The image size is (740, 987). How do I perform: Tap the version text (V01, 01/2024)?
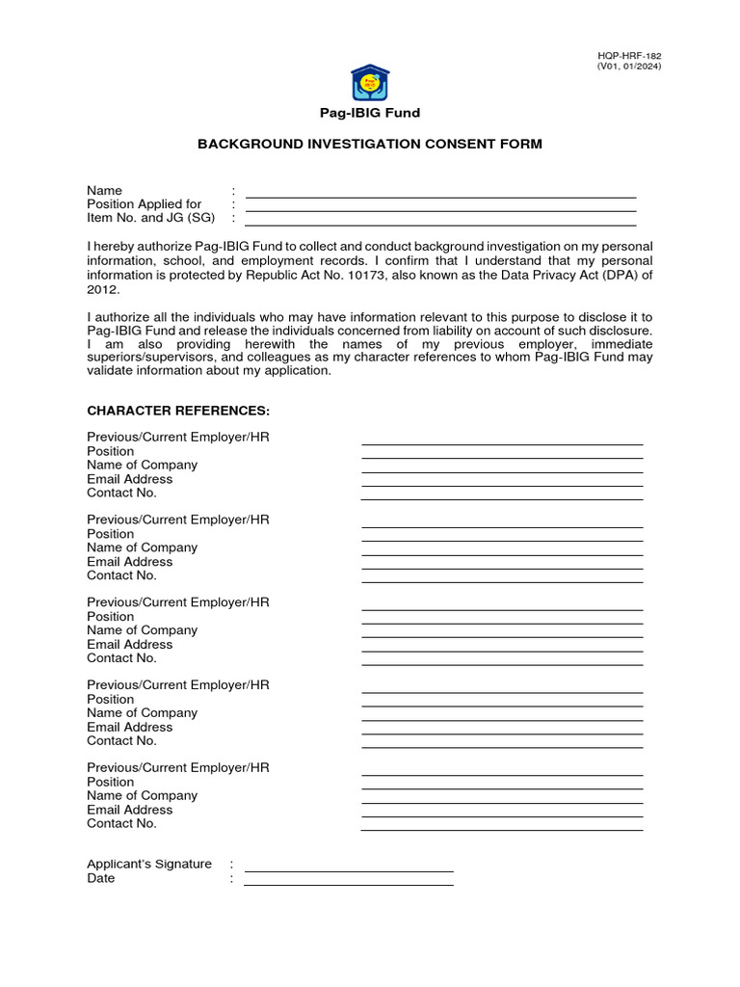point(630,67)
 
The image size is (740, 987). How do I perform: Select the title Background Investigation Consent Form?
point(370,144)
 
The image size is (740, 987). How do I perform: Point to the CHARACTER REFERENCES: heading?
point(172,411)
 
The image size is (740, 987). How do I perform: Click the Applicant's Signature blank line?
point(348,869)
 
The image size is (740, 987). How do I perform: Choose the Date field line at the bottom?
point(348,883)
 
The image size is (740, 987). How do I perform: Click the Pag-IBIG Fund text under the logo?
point(370,113)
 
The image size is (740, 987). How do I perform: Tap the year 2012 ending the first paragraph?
point(101,288)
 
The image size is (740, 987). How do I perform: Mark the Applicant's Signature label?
point(149,864)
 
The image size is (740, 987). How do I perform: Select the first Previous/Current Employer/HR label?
point(178,437)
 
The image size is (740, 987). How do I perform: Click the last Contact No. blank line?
point(501,829)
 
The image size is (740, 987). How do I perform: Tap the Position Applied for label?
point(145,204)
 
